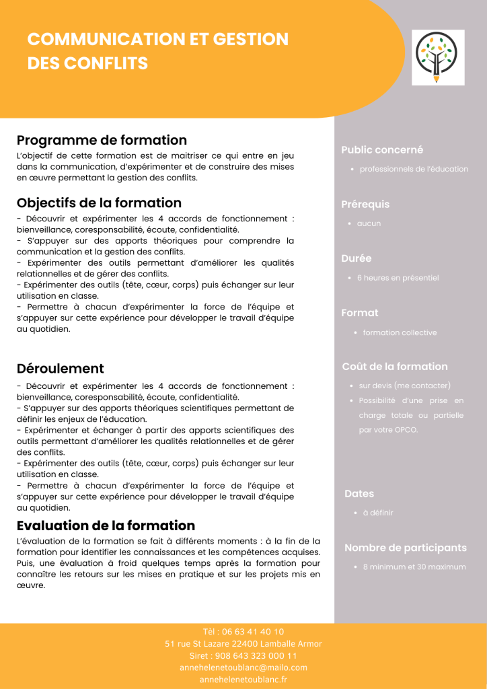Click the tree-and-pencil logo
[x=438, y=57]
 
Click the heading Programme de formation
[x=102, y=140]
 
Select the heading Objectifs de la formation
[x=99, y=203]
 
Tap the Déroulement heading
[x=61, y=368]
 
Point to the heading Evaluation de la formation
[x=106, y=525]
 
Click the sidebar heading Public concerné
[x=382, y=150]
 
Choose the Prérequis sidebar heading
[x=365, y=204]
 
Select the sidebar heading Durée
[x=357, y=258]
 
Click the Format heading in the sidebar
[x=360, y=312]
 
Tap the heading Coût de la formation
[x=395, y=366]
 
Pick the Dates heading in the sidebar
[x=359, y=493]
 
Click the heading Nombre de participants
[x=406, y=548]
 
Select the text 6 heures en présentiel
[x=398, y=277]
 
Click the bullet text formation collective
[x=400, y=332]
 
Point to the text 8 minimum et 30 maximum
[x=414, y=567]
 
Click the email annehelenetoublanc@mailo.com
[x=243, y=667]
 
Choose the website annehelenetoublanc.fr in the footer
[x=243, y=680]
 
